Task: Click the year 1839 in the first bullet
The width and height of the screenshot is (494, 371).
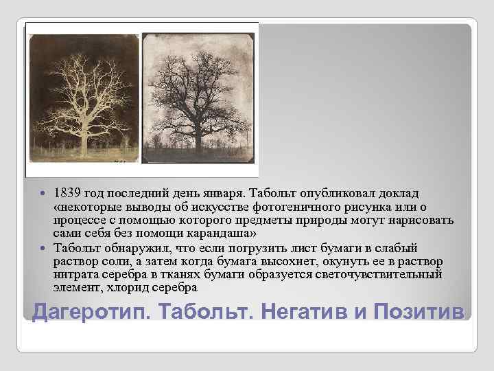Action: coord(68,192)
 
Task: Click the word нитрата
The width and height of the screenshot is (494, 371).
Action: coord(76,274)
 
